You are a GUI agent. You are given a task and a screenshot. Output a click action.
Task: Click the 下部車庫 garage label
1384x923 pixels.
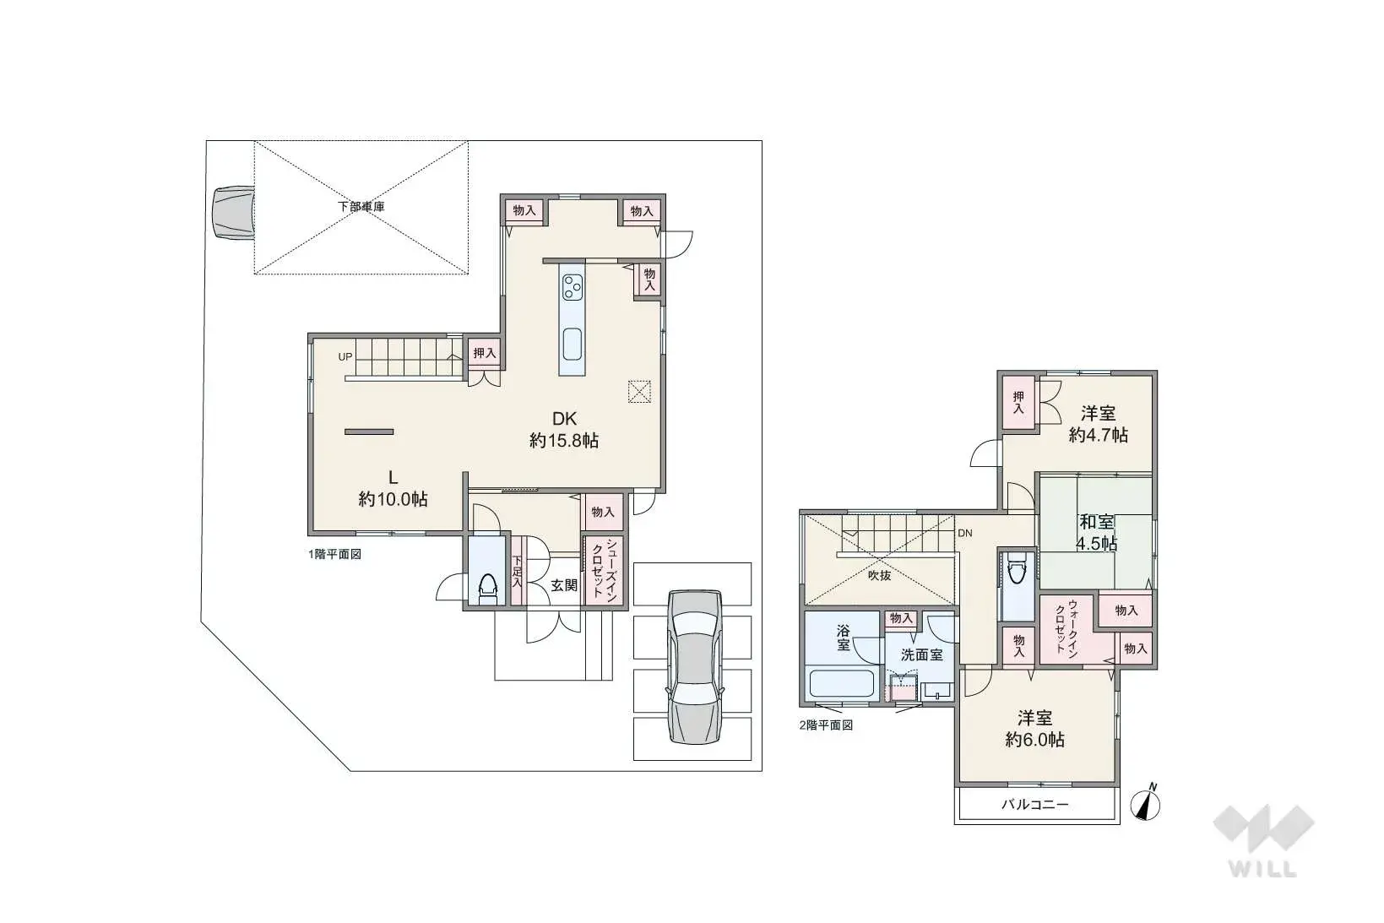(361, 206)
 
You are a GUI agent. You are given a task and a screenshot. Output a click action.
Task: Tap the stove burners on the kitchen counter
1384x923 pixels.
(572, 287)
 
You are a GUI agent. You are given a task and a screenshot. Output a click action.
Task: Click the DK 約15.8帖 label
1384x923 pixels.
(564, 429)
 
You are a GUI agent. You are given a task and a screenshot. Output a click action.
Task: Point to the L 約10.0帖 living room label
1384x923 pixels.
(393, 488)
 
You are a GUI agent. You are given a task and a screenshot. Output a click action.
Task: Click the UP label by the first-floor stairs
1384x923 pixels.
(345, 357)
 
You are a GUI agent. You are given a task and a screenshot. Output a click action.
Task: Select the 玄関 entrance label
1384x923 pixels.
(564, 584)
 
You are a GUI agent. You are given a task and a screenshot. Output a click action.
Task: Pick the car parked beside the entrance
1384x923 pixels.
(694, 667)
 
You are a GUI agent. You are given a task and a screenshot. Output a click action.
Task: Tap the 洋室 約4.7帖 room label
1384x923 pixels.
(1098, 424)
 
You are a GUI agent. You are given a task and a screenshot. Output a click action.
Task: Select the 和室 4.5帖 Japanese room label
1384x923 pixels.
(1096, 533)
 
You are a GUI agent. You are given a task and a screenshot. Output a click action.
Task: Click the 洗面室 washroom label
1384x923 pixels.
(921, 654)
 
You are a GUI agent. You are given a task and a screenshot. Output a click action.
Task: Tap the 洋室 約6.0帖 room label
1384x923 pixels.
(1034, 729)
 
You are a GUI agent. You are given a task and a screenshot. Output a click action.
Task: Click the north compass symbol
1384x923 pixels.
(1146, 803)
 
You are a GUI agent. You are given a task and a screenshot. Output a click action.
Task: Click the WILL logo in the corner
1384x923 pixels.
(1263, 840)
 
